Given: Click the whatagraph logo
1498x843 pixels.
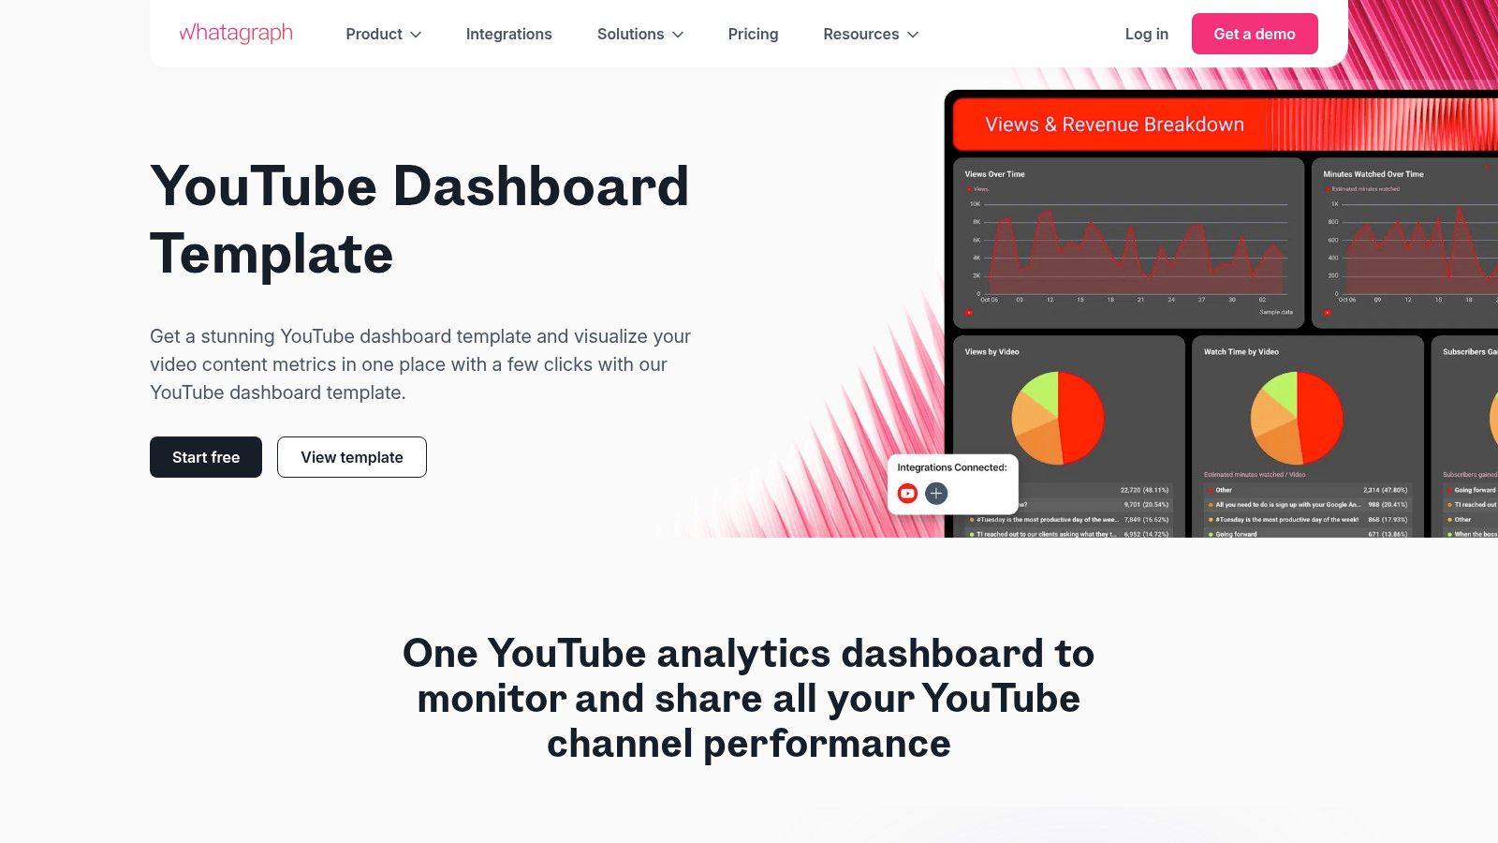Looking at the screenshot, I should [x=236, y=34].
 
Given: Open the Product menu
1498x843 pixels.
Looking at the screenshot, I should [x=383, y=35].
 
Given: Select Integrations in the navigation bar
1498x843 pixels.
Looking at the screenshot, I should [x=508, y=35].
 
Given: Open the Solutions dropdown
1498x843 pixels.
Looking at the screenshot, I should [x=640, y=35].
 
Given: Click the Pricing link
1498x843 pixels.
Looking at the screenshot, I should [x=753, y=35].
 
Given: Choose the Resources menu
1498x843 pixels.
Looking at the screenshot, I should [x=871, y=35].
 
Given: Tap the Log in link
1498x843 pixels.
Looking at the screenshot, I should [x=1146, y=35].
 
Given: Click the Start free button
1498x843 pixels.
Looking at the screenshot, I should [x=206, y=457].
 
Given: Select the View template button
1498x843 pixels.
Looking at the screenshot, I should [x=352, y=457].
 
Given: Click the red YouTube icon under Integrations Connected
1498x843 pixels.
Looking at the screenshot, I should [x=907, y=494].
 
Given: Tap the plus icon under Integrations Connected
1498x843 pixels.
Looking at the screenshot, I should [x=936, y=494].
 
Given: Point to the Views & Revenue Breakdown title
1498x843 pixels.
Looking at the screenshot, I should [x=1114, y=125].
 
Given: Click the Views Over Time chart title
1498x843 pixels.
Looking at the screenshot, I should [x=994, y=174].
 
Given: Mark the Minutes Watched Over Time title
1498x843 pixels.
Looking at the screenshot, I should [x=1373, y=174].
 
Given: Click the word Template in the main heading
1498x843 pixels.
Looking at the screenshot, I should [x=272, y=254].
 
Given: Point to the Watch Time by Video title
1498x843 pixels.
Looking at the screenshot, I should [x=1241, y=352].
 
